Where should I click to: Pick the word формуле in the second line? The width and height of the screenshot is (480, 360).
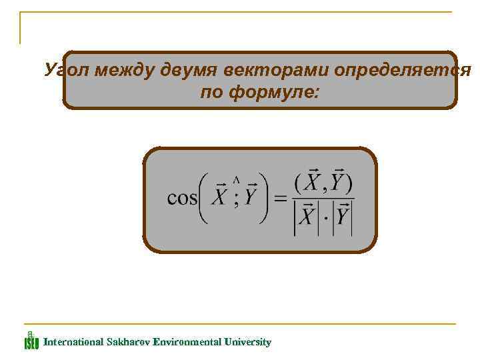[270, 92]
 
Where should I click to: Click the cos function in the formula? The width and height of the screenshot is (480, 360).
[182, 198]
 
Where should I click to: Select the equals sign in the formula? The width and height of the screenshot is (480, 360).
[281, 198]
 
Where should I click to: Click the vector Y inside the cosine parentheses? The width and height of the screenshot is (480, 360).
[251, 197]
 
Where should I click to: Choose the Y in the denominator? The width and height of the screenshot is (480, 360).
[343, 217]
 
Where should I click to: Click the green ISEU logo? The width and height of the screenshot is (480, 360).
[31, 341]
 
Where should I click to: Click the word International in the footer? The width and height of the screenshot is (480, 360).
[73, 342]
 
